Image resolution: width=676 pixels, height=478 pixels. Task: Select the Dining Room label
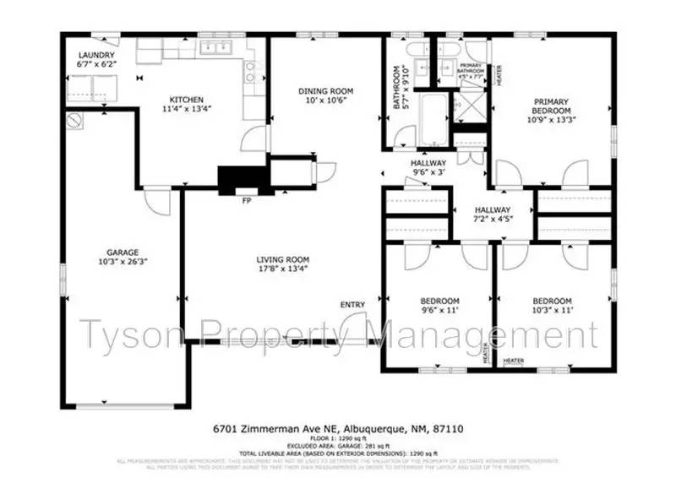[x=324, y=90]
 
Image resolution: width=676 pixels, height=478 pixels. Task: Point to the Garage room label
[x=123, y=252]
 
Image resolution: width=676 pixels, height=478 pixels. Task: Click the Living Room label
[x=283, y=259]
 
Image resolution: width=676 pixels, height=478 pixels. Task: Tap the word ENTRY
[x=352, y=304]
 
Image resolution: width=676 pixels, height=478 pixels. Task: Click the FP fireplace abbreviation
[x=247, y=201]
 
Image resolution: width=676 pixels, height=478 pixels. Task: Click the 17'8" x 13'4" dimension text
[x=283, y=269]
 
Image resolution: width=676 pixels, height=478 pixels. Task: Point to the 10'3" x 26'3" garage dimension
[x=123, y=262]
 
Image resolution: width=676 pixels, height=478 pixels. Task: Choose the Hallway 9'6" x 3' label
[x=428, y=168]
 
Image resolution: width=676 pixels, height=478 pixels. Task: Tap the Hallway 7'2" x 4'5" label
[x=492, y=215]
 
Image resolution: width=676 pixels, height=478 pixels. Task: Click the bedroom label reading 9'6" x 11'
[x=439, y=306]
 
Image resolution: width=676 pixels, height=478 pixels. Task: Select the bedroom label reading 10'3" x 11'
[x=552, y=306]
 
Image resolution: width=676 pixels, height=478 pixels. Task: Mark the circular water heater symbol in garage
[x=75, y=120]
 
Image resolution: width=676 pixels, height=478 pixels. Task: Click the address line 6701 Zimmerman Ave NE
[x=338, y=428]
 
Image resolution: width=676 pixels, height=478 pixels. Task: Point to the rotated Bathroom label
[x=400, y=89]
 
